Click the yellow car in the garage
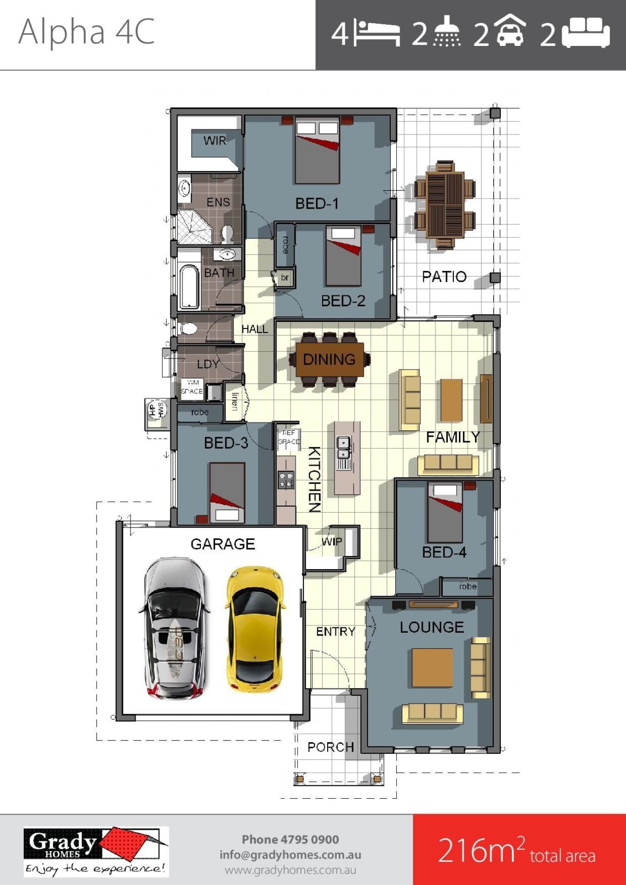256,629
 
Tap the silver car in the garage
174,629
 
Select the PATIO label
444,277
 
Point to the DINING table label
329,360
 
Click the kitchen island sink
344,451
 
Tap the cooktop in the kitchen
286,480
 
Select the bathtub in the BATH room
189,287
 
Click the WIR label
215,141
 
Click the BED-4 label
444,552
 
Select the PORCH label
330,747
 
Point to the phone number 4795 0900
290,840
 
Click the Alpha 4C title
86,32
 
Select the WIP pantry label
332,542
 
